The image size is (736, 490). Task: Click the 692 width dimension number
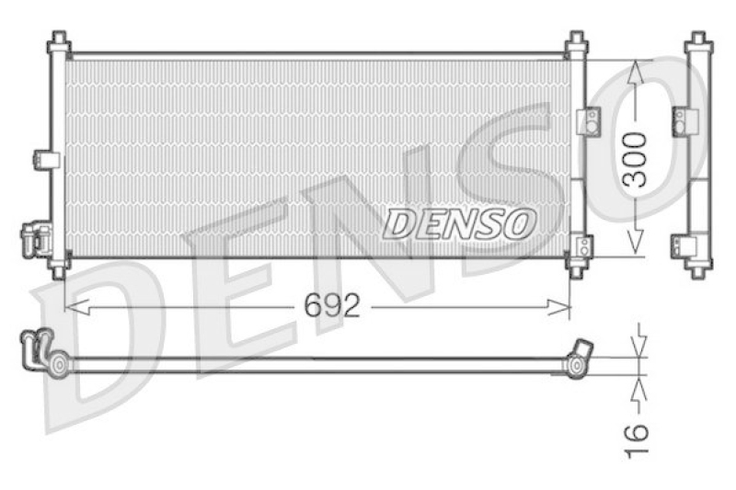pyautogui.click(x=331, y=305)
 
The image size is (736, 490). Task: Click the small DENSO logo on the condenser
pyautogui.click(x=459, y=222)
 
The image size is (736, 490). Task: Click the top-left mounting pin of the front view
pyautogui.click(x=59, y=40)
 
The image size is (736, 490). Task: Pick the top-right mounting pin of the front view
pyautogui.click(x=576, y=40)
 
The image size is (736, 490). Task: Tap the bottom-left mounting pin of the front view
pyautogui.click(x=59, y=269)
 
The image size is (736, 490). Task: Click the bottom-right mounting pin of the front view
pyautogui.click(x=576, y=269)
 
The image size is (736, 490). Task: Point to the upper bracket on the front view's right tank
pyautogui.click(x=587, y=120)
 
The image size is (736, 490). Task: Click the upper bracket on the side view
pyautogui.click(x=683, y=120)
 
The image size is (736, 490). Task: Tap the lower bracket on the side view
pyautogui.click(x=682, y=245)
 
